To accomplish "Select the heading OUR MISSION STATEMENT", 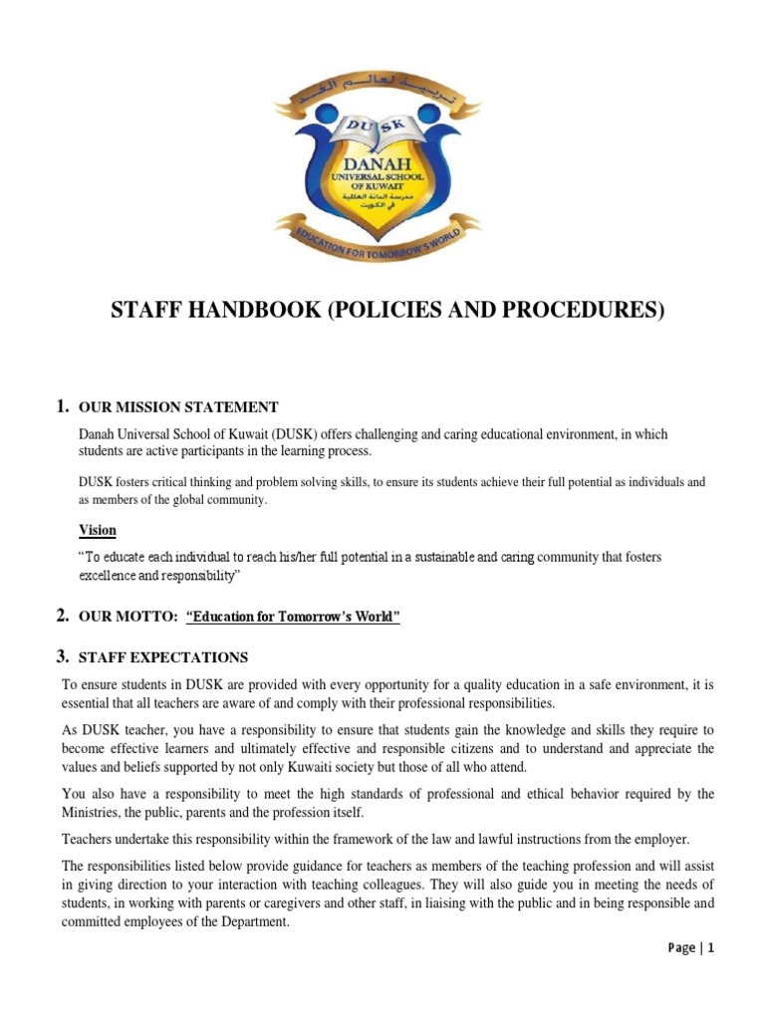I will coord(178,407).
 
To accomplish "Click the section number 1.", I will coord(62,406).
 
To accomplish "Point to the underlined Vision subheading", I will coord(98,530).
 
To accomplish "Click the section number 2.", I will coord(62,618).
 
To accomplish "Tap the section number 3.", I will coord(62,656).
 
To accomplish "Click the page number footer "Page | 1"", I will coord(690,948).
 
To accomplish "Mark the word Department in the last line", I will coord(255,922).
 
